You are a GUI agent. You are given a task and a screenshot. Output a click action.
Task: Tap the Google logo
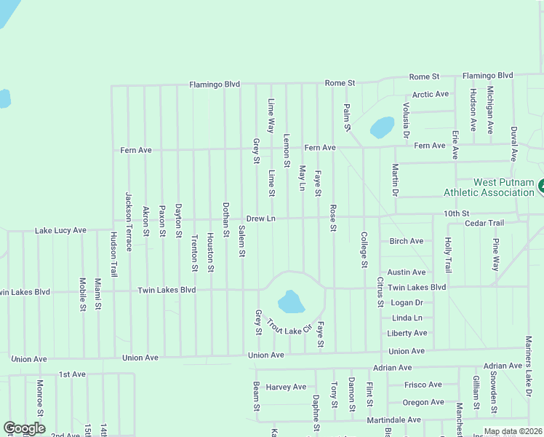[x=24, y=429]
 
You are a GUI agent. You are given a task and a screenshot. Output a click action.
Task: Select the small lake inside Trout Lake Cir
[x=290, y=301]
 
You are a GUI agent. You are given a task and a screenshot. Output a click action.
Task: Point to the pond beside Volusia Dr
[x=382, y=127]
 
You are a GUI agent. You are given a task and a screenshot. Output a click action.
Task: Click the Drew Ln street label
[x=260, y=219]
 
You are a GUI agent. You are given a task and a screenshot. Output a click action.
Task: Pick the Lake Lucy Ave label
[x=60, y=231]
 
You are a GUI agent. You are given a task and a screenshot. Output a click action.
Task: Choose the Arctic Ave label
[x=430, y=95]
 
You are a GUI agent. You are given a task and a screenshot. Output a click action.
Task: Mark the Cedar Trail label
[x=484, y=223]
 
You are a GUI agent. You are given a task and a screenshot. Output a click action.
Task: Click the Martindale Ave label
[x=393, y=420]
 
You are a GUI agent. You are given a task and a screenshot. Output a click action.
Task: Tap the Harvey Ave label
[x=287, y=387]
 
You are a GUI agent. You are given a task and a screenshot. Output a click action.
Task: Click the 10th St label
[x=457, y=213]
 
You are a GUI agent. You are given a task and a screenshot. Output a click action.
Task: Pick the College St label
[x=364, y=249]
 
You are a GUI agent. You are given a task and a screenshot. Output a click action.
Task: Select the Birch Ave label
[x=407, y=241]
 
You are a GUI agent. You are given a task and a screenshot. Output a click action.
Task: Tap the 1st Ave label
[x=72, y=374]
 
